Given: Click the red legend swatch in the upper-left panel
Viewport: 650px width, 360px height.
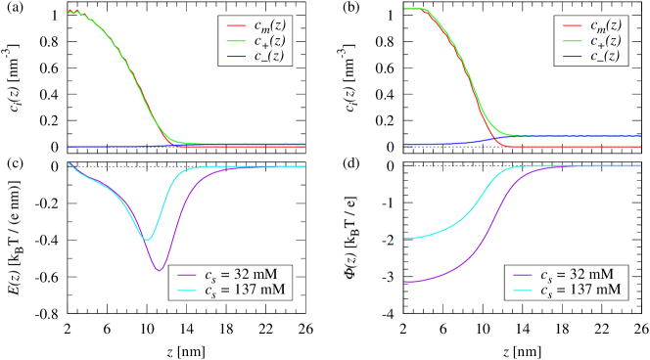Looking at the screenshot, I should [x=236, y=25].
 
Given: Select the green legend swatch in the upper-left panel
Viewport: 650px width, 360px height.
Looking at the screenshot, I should [x=236, y=41].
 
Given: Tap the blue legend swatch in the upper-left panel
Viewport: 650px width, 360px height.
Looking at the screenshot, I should [x=236, y=57].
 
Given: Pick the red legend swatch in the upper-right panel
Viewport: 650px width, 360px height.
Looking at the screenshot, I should [x=573, y=25].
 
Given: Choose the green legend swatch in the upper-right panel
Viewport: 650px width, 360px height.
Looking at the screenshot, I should [x=573, y=41].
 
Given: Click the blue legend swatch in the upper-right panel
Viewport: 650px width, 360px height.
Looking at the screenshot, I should [x=573, y=57].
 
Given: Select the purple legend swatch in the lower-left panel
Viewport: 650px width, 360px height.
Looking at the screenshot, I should [x=187, y=275].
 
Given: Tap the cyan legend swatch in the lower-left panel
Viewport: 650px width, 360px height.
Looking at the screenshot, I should [x=187, y=291].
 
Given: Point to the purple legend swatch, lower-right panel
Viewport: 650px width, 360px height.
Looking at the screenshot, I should [x=523, y=275].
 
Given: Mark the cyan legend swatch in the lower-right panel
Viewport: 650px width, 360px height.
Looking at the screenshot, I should [x=523, y=291].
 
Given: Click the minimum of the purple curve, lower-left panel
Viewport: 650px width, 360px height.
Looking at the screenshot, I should [x=159, y=270].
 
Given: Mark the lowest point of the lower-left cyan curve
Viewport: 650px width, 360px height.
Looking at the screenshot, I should [x=147, y=239].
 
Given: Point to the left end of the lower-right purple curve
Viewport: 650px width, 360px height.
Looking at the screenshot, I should [x=405, y=282].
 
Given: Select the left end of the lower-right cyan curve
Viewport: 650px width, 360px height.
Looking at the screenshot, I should [x=405, y=238].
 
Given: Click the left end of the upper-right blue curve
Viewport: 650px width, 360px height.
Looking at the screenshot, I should [x=405, y=144].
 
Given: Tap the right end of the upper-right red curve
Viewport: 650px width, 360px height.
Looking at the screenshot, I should [x=640, y=147].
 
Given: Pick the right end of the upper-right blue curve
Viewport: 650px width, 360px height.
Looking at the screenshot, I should [x=640, y=136].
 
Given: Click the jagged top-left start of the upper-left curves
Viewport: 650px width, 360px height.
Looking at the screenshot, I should [x=70, y=12].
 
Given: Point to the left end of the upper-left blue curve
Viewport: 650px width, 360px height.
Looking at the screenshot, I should [x=69, y=147].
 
